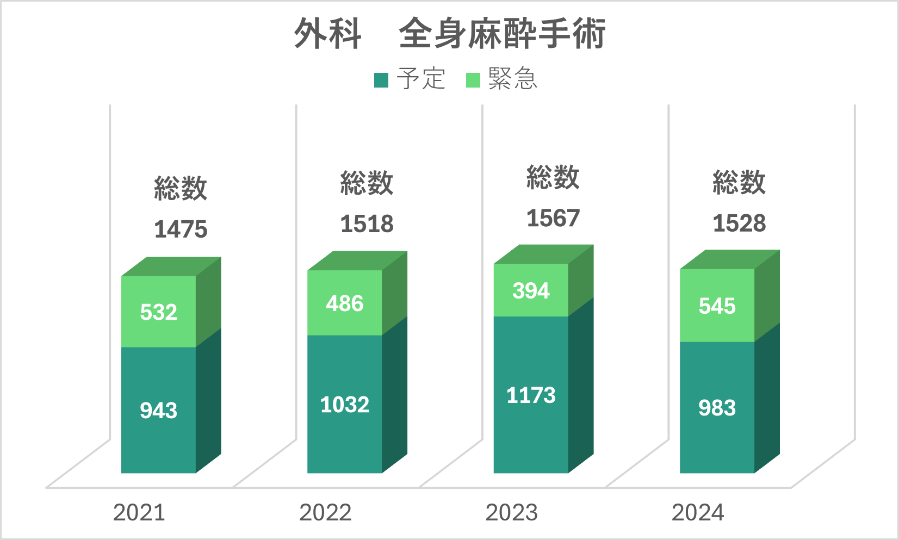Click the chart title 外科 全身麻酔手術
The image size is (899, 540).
pyautogui.click(x=450, y=34)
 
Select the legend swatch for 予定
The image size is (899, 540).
pyautogui.click(x=381, y=80)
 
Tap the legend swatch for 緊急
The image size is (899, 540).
pyautogui.click(x=473, y=80)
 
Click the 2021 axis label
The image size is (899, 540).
pyautogui.click(x=139, y=512)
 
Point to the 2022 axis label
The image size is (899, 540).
pyautogui.click(x=325, y=512)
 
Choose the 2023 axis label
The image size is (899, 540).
pyautogui.click(x=511, y=512)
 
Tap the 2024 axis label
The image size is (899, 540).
pyautogui.click(x=698, y=512)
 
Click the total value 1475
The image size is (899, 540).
pyautogui.click(x=181, y=229)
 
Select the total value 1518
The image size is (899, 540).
pyautogui.click(x=367, y=224)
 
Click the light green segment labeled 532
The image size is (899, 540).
pyautogui.click(x=158, y=312)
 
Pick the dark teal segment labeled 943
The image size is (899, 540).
pyautogui.click(x=158, y=410)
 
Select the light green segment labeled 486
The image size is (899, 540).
pyautogui.click(x=344, y=303)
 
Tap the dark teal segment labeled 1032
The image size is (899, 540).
pyautogui.click(x=344, y=404)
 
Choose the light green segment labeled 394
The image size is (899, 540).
pyautogui.click(x=531, y=290)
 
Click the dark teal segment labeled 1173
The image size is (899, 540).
pyautogui.click(x=531, y=395)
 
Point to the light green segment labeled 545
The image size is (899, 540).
pyautogui.click(x=717, y=306)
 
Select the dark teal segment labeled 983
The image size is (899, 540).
pyautogui.click(x=717, y=408)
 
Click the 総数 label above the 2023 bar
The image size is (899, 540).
pyautogui.click(x=553, y=177)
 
